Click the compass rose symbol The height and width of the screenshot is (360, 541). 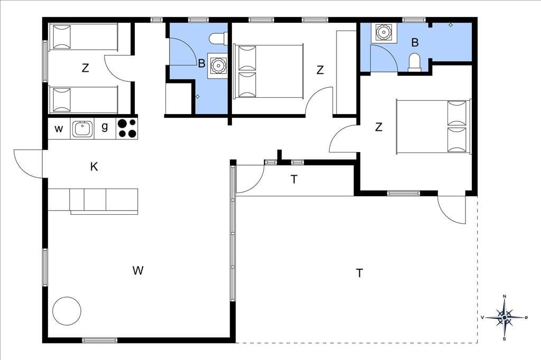point(505,317)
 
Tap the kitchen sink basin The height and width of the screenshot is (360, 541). point(82,129)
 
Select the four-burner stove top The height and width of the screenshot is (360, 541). point(127,128)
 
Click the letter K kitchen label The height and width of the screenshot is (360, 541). point(94,167)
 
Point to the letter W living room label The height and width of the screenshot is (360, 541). point(138,270)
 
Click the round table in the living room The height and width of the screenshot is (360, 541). point(67,311)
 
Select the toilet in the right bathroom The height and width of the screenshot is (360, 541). point(415,63)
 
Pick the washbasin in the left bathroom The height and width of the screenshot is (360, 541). point(218,65)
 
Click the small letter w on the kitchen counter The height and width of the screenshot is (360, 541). point(59,129)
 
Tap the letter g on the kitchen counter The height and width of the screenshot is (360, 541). point(105,127)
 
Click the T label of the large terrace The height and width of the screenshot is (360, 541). point(359,273)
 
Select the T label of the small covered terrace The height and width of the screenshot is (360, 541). point(294,179)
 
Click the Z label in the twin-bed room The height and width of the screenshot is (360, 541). point(85,68)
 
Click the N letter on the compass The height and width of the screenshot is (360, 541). point(505,296)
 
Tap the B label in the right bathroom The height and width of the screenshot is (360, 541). point(415,42)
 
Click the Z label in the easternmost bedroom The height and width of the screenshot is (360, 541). point(378,127)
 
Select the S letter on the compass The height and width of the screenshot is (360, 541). point(505,338)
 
